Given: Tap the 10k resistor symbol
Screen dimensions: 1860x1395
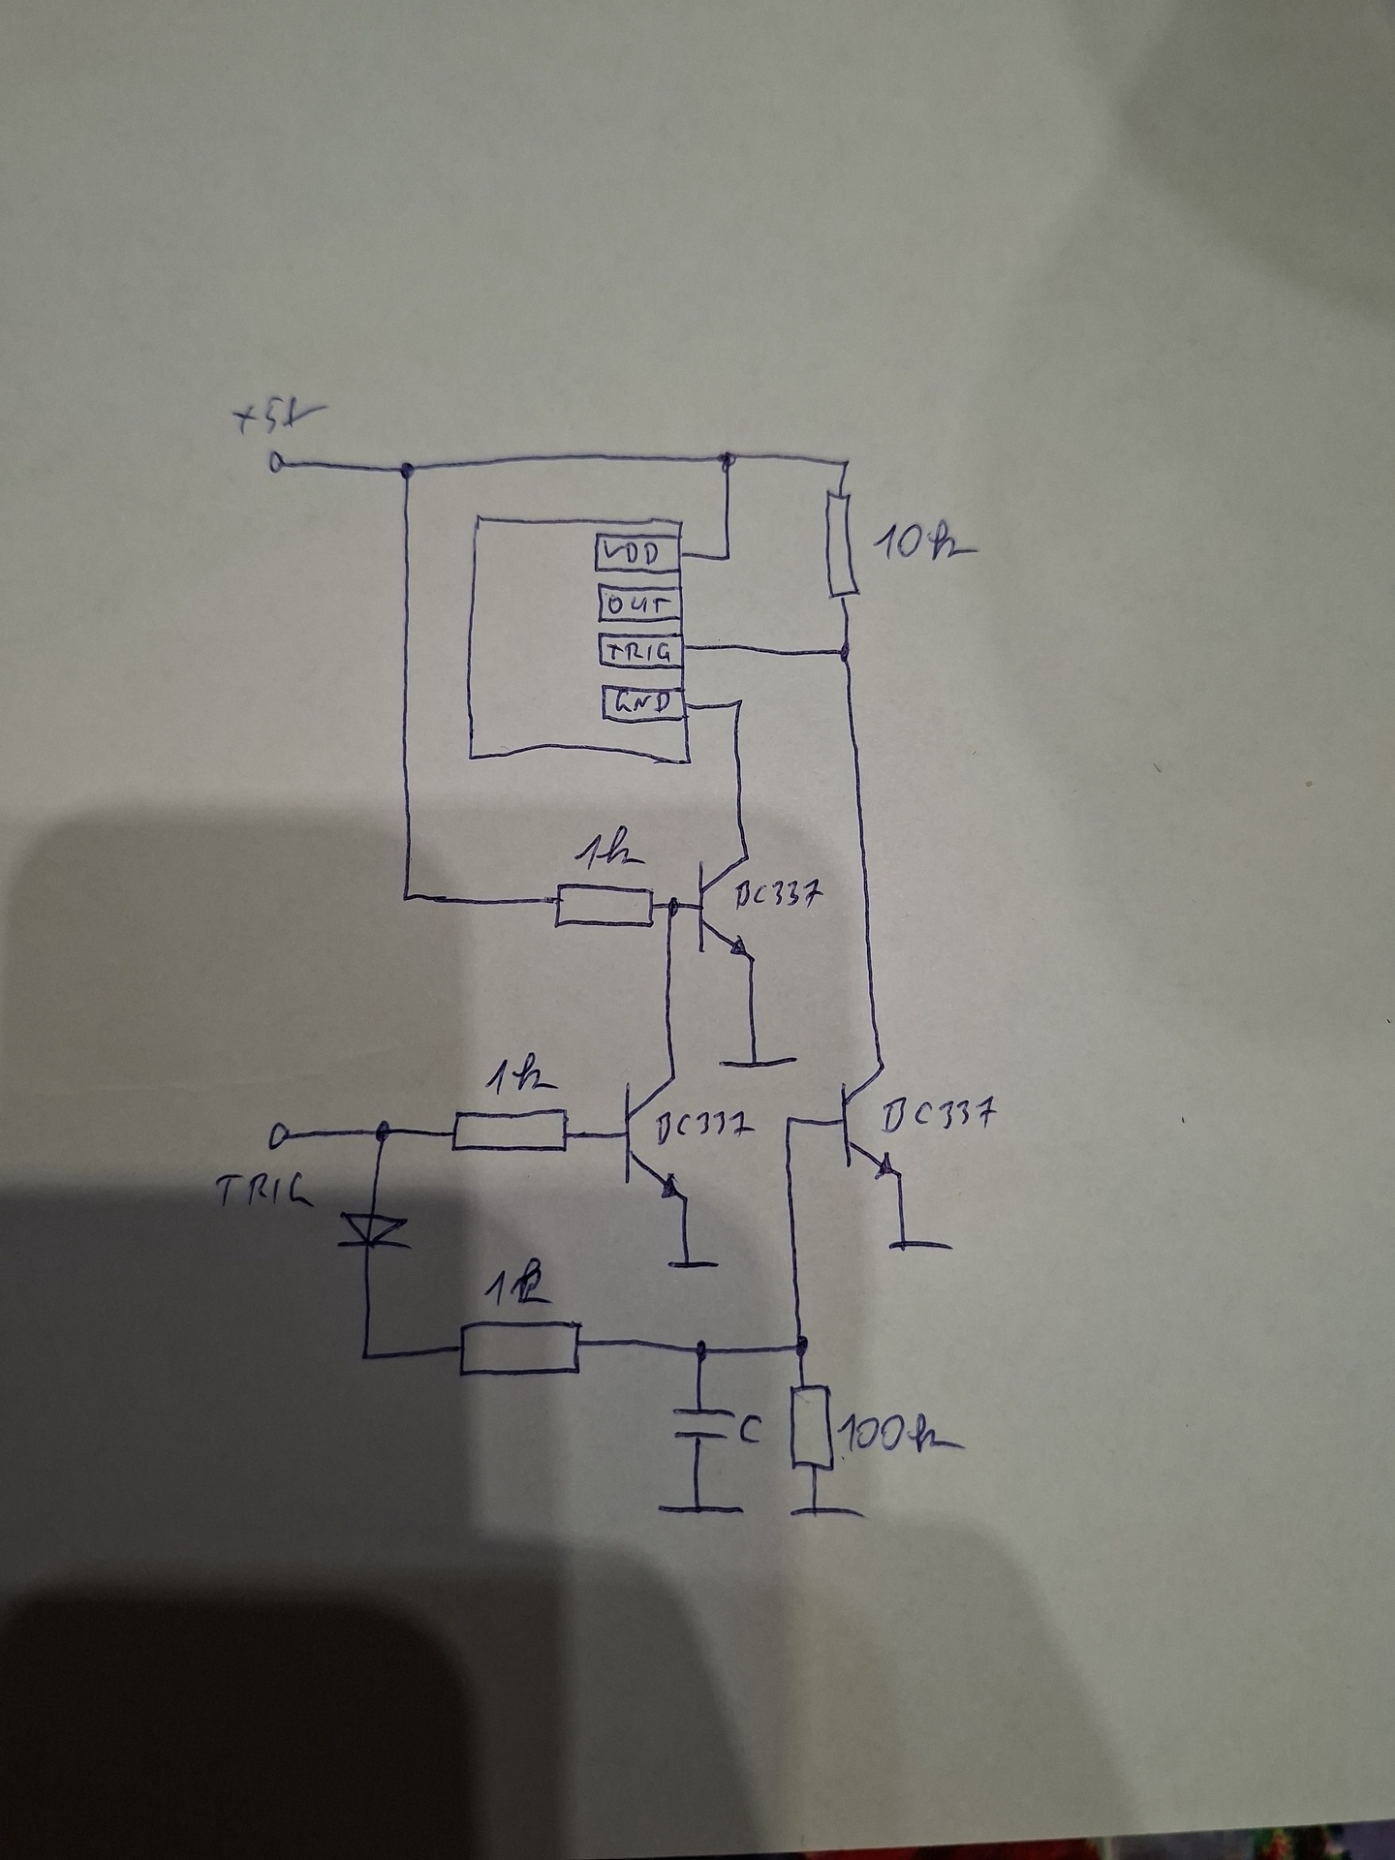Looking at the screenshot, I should pos(843,543).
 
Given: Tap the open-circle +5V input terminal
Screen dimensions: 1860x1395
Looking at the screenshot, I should pos(279,463).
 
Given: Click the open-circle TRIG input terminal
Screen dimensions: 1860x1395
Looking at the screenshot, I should pos(280,1134).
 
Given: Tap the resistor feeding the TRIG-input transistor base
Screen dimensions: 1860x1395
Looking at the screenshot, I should pos(510,1131).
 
